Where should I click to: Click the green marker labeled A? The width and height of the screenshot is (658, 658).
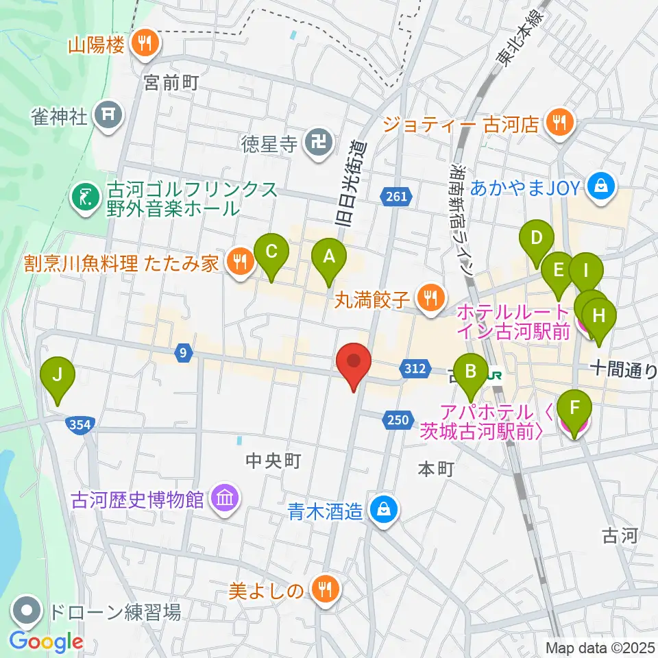click(x=329, y=258)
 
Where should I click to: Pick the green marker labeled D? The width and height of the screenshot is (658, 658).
click(x=537, y=239)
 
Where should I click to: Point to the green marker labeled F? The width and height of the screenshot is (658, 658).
click(x=574, y=411)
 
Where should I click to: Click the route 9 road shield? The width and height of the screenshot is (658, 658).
click(x=182, y=353)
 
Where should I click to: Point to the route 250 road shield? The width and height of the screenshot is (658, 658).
click(x=400, y=419)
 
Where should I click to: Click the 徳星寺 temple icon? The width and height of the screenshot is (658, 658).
click(x=318, y=144)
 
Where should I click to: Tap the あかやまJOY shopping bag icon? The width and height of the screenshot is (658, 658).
click(x=601, y=186)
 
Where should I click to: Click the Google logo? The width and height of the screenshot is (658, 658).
click(x=47, y=642)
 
